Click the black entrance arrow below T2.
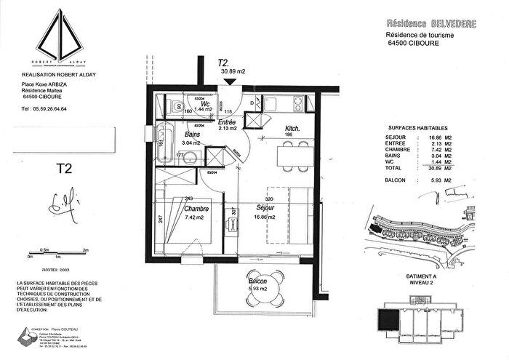click(x=231, y=81)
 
